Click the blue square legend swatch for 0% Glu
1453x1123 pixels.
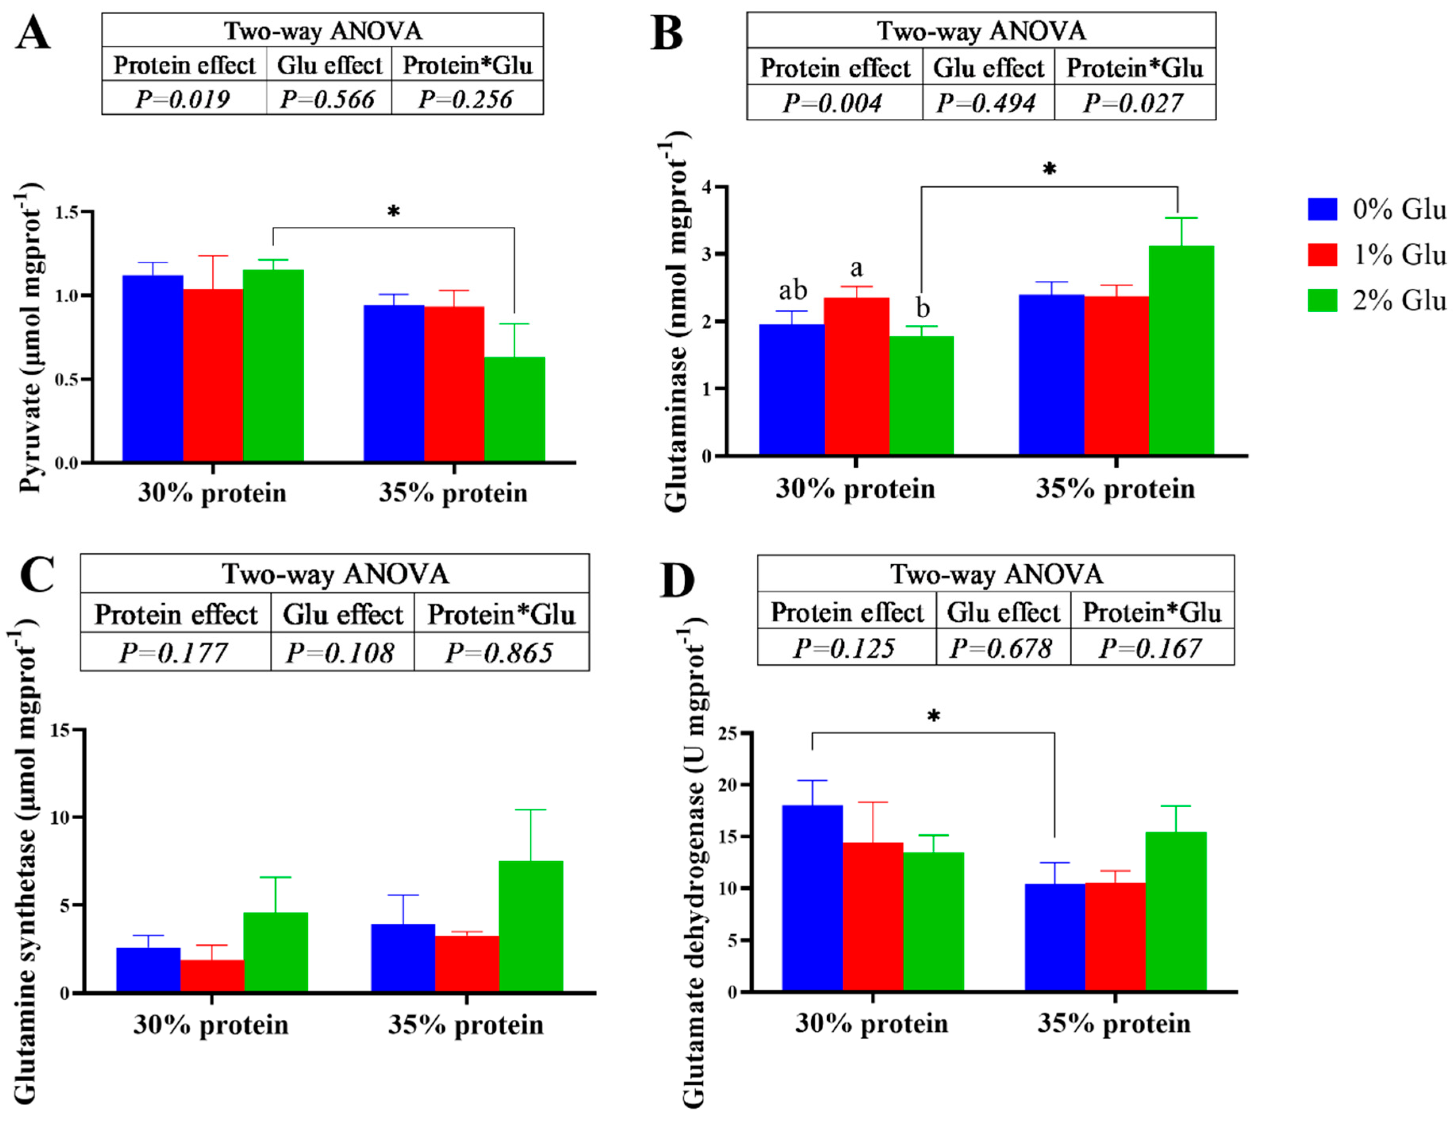click(x=1322, y=209)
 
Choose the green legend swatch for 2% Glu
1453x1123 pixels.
click(x=1322, y=300)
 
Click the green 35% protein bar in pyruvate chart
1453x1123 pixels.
click(x=514, y=409)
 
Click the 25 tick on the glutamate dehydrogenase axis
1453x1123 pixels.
click(x=728, y=733)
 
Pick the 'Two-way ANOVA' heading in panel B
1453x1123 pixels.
click(x=981, y=31)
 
